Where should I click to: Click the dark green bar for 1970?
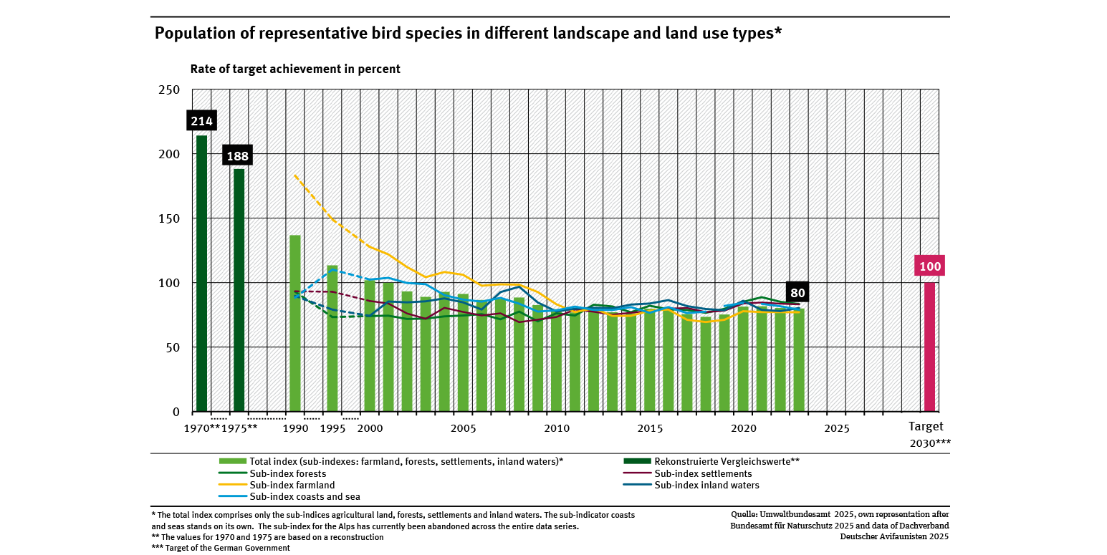(x=201, y=273)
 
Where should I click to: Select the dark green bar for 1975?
(x=239, y=290)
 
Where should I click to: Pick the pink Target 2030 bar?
(x=929, y=347)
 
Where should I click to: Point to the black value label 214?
(x=201, y=121)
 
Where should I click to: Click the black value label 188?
(x=239, y=155)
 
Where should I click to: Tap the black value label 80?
(x=797, y=292)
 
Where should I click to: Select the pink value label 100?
(x=929, y=266)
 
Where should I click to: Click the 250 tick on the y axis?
(x=170, y=90)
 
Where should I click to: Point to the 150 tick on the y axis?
(x=170, y=218)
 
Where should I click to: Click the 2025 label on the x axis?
(x=836, y=428)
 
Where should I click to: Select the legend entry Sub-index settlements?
(x=702, y=473)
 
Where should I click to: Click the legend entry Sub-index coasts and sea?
(x=305, y=496)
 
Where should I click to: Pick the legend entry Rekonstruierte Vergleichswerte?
(x=727, y=461)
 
